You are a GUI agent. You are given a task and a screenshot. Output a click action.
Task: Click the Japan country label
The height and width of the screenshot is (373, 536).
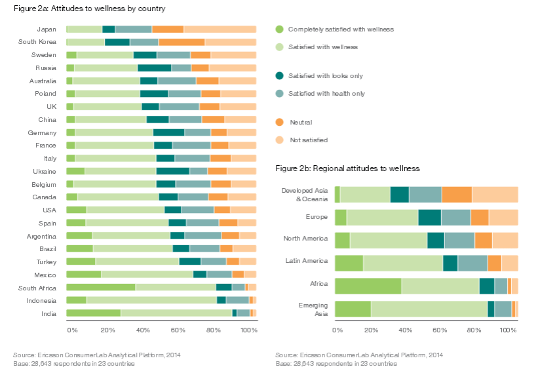[x=47, y=29]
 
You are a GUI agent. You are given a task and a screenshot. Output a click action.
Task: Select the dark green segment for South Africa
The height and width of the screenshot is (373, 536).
[x=223, y=287]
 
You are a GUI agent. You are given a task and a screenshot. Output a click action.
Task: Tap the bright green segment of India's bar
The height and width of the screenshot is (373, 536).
[x=93, y=313]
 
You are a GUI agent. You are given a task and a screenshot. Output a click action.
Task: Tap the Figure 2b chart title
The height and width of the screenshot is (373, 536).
[x=347, y=168]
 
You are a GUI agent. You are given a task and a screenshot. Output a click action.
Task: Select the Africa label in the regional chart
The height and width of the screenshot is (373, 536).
[x=318, y=283]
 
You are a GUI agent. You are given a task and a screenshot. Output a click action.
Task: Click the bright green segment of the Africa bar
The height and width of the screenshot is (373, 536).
[x=368, y=286]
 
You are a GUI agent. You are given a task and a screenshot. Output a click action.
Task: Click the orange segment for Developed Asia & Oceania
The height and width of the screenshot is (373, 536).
[x=457, y=195]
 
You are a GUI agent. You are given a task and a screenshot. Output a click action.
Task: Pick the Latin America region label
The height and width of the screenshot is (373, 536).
[x=306, y=261]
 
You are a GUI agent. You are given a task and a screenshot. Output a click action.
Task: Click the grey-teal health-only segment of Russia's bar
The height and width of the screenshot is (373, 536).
[x=181, y=68]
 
